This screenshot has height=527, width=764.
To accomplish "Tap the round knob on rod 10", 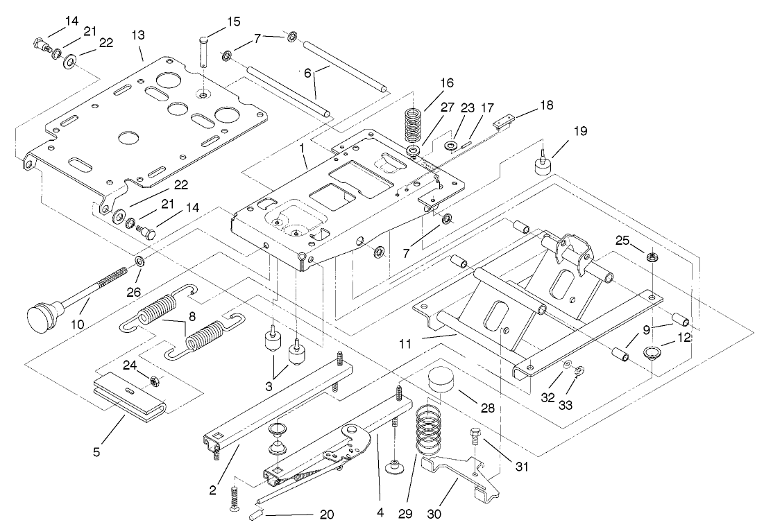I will tap(42, 319).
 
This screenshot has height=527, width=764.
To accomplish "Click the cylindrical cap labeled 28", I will tap(441, 380).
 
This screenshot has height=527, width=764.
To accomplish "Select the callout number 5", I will tap(97, 451).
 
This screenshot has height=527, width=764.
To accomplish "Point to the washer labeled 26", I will tap(139, 261).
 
